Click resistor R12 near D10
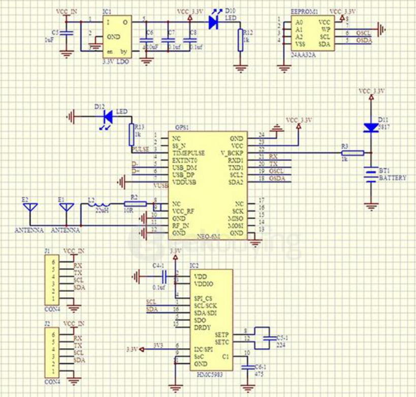point(240,40)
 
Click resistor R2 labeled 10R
point(135,204)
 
